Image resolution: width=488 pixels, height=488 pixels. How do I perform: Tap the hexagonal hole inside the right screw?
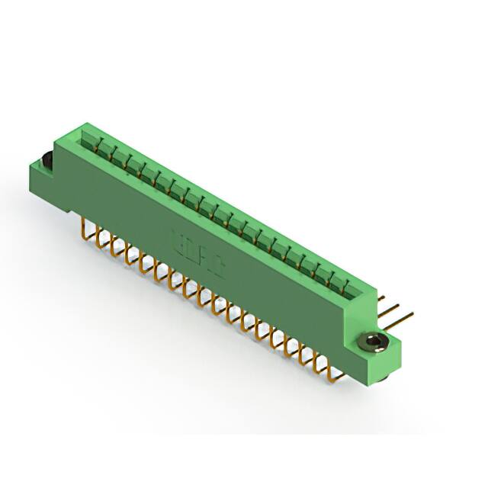click(372, 341)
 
